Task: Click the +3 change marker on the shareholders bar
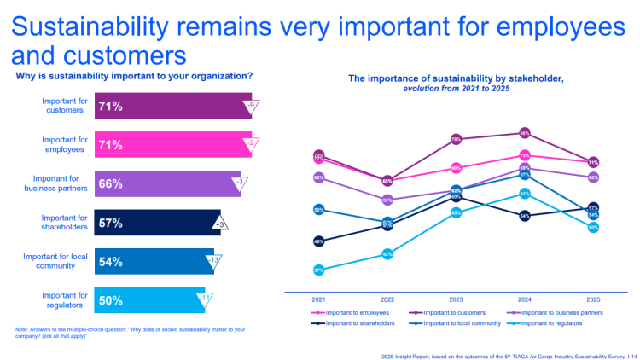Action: point(220,224)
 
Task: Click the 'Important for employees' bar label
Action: point(65,145)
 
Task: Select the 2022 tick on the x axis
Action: point(387,299)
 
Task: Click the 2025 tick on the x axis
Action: point(593,299)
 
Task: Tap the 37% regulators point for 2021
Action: point(318,270)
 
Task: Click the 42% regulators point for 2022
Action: point(387,254)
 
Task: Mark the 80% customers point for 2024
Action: point(525,133)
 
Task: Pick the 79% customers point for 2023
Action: point(456,138)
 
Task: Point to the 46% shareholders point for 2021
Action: point(318,241)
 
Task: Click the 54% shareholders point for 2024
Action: point(525,216)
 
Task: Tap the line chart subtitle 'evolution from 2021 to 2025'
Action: point(456,88)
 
